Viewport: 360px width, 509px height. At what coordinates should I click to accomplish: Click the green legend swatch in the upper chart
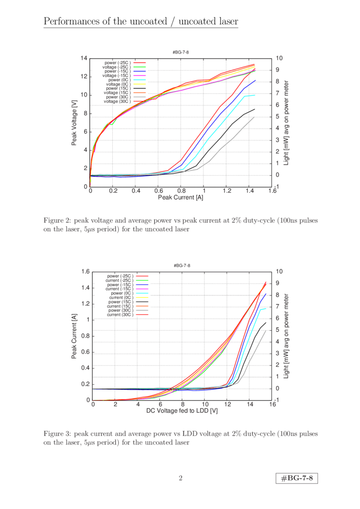[139, 67]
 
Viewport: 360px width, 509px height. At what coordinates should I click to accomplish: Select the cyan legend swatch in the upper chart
[139, 80]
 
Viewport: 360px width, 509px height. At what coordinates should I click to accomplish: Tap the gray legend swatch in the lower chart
[142, 311]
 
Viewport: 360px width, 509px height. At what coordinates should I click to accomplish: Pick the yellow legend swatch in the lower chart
[142, 297]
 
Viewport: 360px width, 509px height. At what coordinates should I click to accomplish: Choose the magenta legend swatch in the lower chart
[142, 289]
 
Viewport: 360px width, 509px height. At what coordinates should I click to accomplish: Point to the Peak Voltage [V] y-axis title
[74, 122]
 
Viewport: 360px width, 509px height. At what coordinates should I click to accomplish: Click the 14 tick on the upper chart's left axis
[84, 58]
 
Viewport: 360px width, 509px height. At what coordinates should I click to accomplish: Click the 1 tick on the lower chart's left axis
[86, 319]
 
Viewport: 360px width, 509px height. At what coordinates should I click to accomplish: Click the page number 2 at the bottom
[180, 478]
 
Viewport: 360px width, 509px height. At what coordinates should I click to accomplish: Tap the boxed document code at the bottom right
[297, 478]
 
